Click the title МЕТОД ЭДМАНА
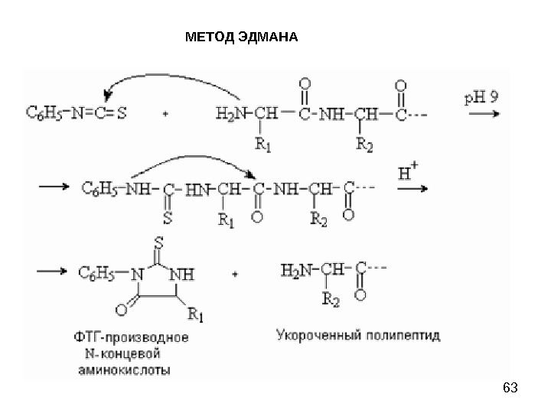coord(242,36)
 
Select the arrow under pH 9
coord(483,113)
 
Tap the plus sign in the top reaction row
coord(166,114)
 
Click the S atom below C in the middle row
coord(167,216)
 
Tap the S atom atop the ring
coord(158,243)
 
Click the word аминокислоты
coord(123,369)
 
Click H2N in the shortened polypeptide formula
coord(295,271)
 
